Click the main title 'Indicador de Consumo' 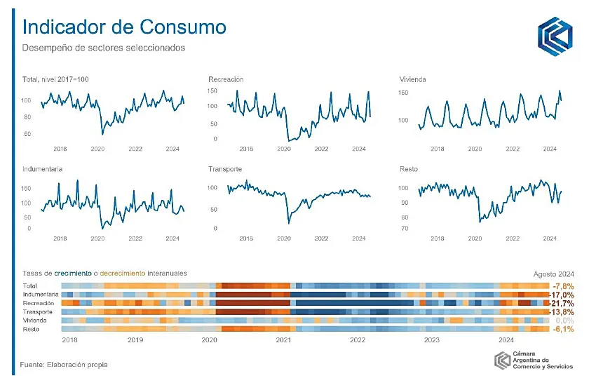(124, 27)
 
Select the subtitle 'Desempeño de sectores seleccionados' (103, 48)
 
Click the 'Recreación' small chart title (226, 79)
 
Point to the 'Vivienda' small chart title (412, 79)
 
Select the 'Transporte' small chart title (225, 170)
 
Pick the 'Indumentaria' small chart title (43, 170)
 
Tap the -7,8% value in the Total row (564, 287)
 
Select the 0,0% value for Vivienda (564, 321)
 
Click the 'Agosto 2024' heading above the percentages (553, 273)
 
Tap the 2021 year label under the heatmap (283, 340)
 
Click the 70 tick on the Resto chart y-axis (404, 229)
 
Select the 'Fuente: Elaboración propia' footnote (65, 365)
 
